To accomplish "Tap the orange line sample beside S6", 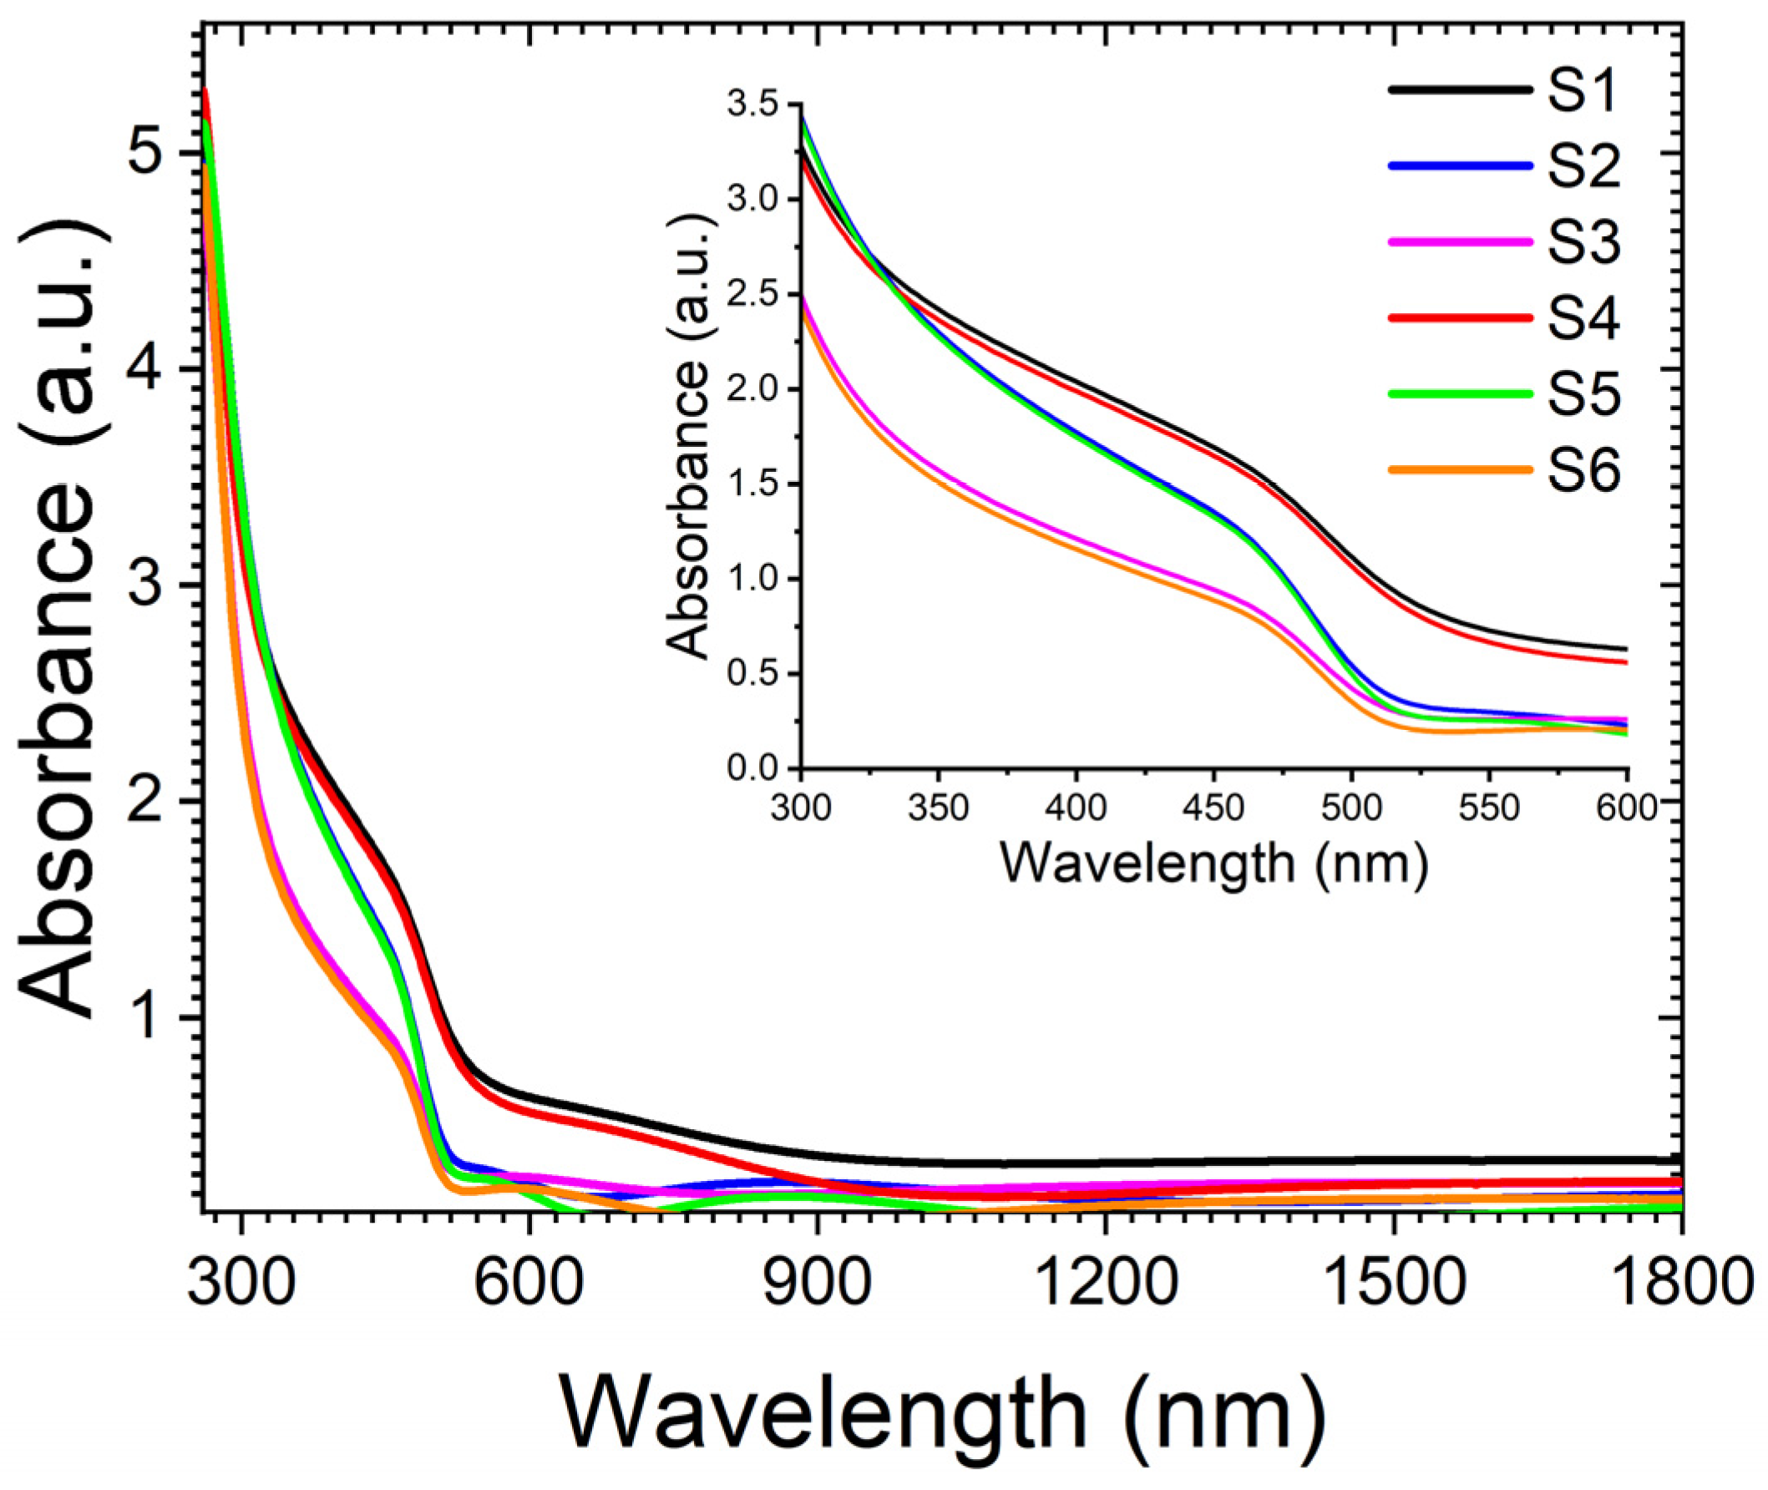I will click(1460, 469).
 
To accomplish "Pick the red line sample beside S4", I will click(1460, 317).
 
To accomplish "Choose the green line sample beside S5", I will click(1460, 393).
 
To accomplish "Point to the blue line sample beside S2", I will click(1460, 166).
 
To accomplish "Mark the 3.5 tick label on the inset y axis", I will click(754, 104).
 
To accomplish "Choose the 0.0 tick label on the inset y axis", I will click(754, 769).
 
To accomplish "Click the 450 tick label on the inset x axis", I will click(1213, 808).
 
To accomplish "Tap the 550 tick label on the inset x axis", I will click(1488, 808).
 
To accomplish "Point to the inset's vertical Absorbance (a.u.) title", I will click(686, 436).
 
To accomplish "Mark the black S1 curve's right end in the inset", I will click(1625, 649).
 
